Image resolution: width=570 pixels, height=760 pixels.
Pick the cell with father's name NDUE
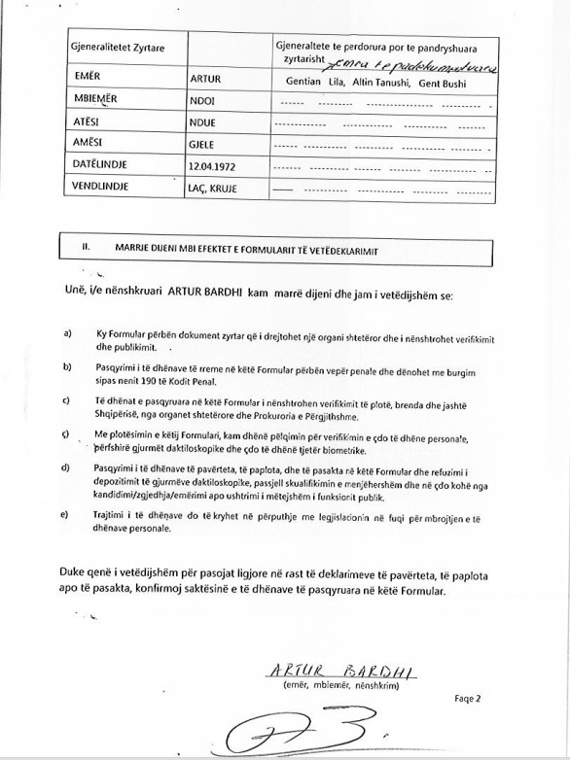(203, 124)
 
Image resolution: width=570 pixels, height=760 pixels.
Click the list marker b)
(67, 366)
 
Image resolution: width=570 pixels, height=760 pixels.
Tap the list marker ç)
(67, 432)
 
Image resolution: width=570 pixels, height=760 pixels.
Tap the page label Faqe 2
(468, 698)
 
